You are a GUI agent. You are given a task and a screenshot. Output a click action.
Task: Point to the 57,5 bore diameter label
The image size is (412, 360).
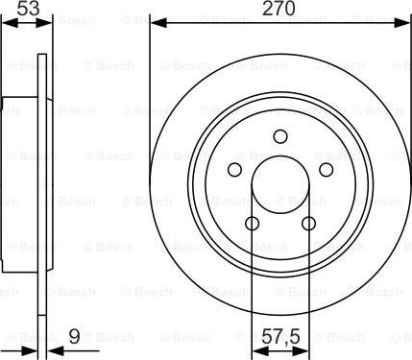pyautogui.click(x=280, y=337)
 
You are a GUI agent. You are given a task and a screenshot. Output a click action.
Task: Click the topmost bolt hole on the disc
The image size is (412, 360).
pyautogui.click(x=280, y=135)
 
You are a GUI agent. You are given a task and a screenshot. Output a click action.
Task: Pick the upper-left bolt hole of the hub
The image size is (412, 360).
pyautogui.click(x=234, y=170)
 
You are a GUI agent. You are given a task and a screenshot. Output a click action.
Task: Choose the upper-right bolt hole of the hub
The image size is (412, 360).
pyautogui.click(x=327, y=170)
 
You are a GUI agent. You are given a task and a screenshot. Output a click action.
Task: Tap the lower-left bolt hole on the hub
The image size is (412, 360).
pyautogui.click(x=253, y=224)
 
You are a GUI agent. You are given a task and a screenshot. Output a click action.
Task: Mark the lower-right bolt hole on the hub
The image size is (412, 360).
pyautogui.click(x=309, y=224)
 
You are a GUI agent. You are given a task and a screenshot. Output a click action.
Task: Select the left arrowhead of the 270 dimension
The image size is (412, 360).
pyautogui.click(x=156, y=21)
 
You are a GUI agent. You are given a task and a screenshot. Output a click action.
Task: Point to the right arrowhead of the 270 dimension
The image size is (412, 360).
pyautogui.click(x=404, y=21)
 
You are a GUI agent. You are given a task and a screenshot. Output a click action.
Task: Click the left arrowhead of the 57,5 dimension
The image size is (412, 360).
pyautogui.click(x=255, y=348)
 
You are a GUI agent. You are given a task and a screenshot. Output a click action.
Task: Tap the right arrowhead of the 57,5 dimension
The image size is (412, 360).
pyautogui.click(x=305, y=348)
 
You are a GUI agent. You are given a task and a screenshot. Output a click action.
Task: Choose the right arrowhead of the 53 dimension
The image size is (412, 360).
pyautogui.click(x=43, y=21)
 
